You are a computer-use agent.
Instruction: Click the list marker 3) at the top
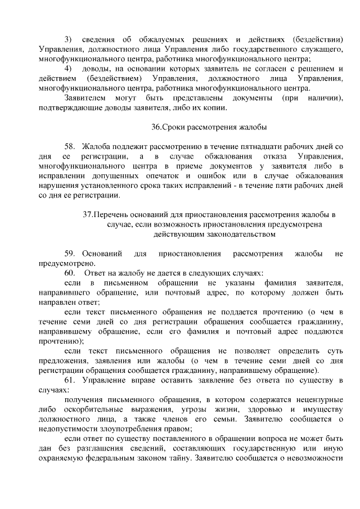click(x=68, y=39)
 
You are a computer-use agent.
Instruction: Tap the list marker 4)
click(x=68, y=69)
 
